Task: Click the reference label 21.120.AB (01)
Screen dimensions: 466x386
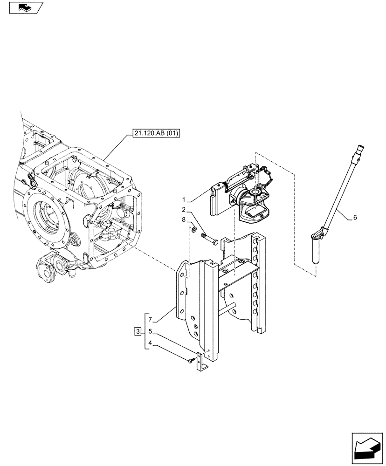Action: click(153, 134)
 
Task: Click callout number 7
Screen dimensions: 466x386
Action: click(150, 320)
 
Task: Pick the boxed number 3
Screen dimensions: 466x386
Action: click(137, 331)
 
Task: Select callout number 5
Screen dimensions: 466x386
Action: click(150, 331)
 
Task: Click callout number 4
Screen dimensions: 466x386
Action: click(150, 343)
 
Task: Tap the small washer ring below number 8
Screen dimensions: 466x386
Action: click(193, 229)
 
